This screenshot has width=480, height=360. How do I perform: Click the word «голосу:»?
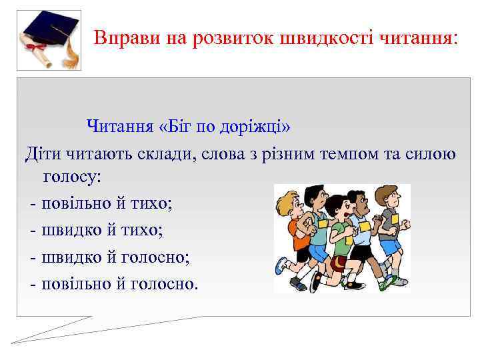72,177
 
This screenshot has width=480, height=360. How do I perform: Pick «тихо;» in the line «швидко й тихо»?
151,230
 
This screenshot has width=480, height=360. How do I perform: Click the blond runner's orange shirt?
299,234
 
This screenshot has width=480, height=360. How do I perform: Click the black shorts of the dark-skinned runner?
361,253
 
